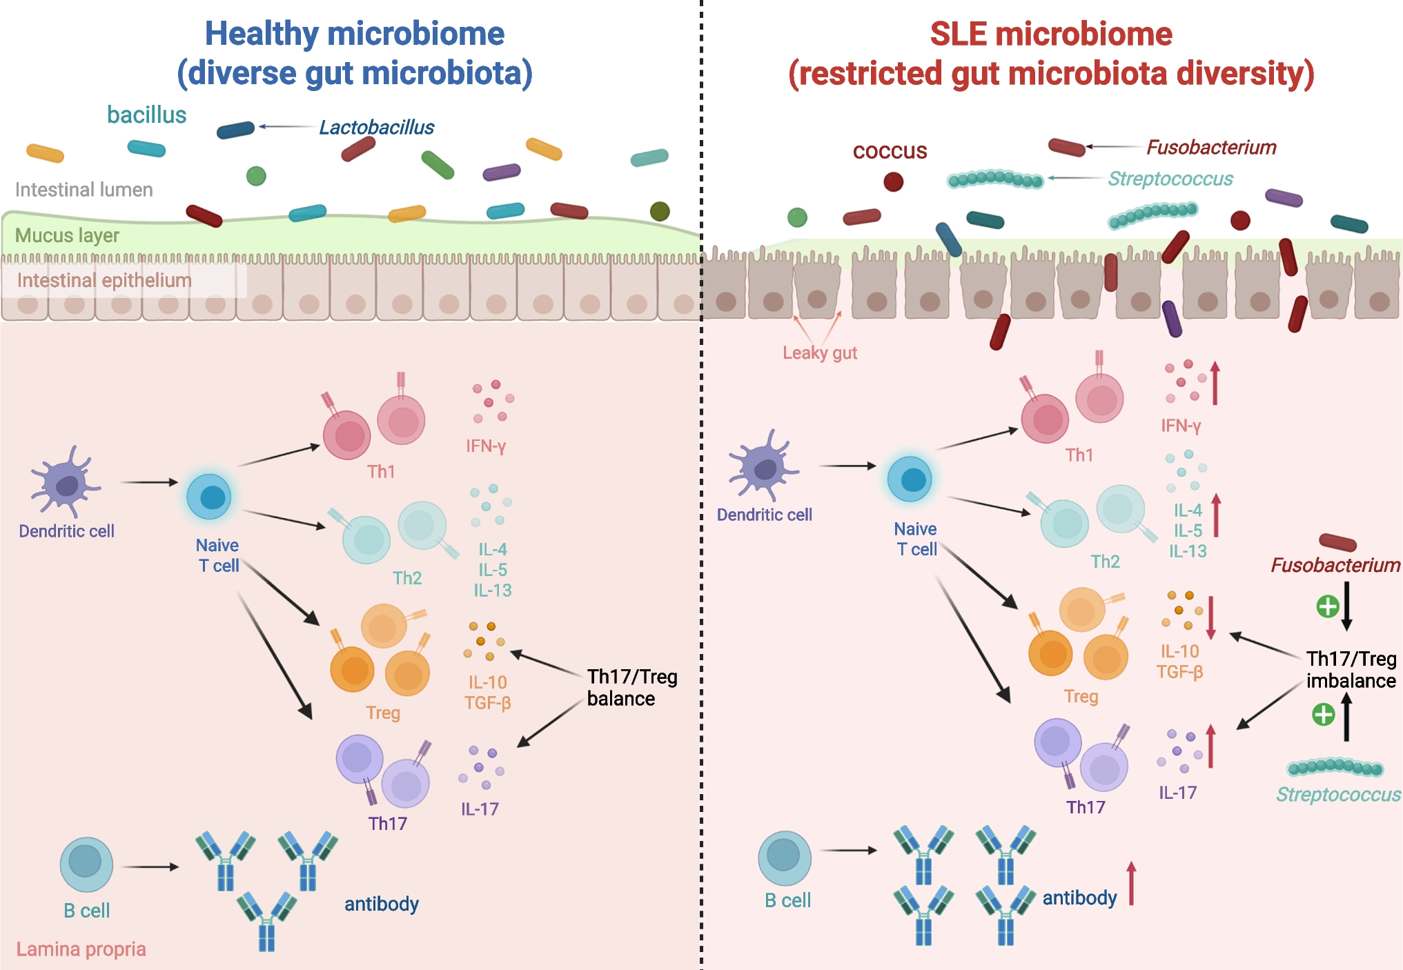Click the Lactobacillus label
(x=376, y=128)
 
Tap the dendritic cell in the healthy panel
(x=65, y=482)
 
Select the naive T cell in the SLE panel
(x=910, y=479)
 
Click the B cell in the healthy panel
(x=86, y=864)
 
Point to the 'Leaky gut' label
(x=819, y=353)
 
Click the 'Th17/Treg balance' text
(x=631, y=687)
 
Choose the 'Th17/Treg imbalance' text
(x=1351, y=670)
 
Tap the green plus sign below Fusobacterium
(x=1327, y=606)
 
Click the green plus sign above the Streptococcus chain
(x=1323, y=714)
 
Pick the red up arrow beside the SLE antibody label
(x=1131, y=883)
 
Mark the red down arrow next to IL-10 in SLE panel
(x=1210, y=617)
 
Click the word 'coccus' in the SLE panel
(x=890, y=151)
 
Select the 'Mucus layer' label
(x=67, y=236)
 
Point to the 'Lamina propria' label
(x=81, y=949)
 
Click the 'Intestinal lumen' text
(x=84, y=190)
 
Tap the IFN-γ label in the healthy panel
(x=486, y=446)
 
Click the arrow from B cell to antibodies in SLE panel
(x=848, y=851)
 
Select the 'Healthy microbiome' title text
(x=354, y=34)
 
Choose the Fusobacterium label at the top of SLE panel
(x=1211, y=148)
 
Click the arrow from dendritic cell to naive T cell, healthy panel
(x=149, y=482)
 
